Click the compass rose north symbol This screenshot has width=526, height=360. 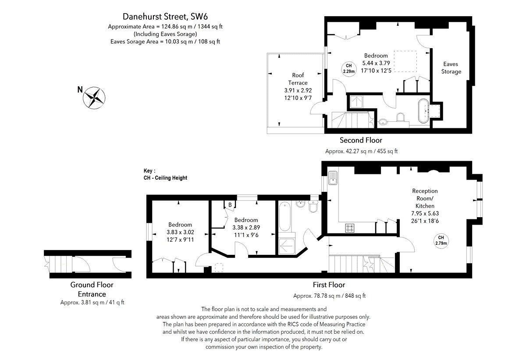coord(94,98)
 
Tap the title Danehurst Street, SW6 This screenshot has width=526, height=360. coord(165,17)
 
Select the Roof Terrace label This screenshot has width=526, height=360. coord(298,79)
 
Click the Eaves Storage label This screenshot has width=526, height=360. coord(451,68)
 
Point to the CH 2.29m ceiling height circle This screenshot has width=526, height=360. coord(349,68)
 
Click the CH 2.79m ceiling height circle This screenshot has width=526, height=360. coord(441,240)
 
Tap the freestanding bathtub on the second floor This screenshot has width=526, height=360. coord(423,111)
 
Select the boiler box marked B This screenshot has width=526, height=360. coord(230,205)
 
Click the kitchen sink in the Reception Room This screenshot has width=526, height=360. coord(333,178)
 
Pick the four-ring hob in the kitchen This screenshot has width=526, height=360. coord(350,228)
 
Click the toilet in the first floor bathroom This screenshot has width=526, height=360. coord(313,206)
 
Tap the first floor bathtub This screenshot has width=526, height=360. coord(285,216)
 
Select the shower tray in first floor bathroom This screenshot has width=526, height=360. coord(287,247)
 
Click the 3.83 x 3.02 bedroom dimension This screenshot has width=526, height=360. coord(180,232)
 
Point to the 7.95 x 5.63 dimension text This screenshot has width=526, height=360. coord(425,213)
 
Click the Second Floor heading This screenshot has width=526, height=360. coord(361,140)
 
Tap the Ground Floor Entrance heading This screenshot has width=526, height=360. coord(92,289)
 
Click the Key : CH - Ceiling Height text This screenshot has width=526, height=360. coord(165,174)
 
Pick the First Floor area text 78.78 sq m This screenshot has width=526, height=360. coord(329,296)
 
